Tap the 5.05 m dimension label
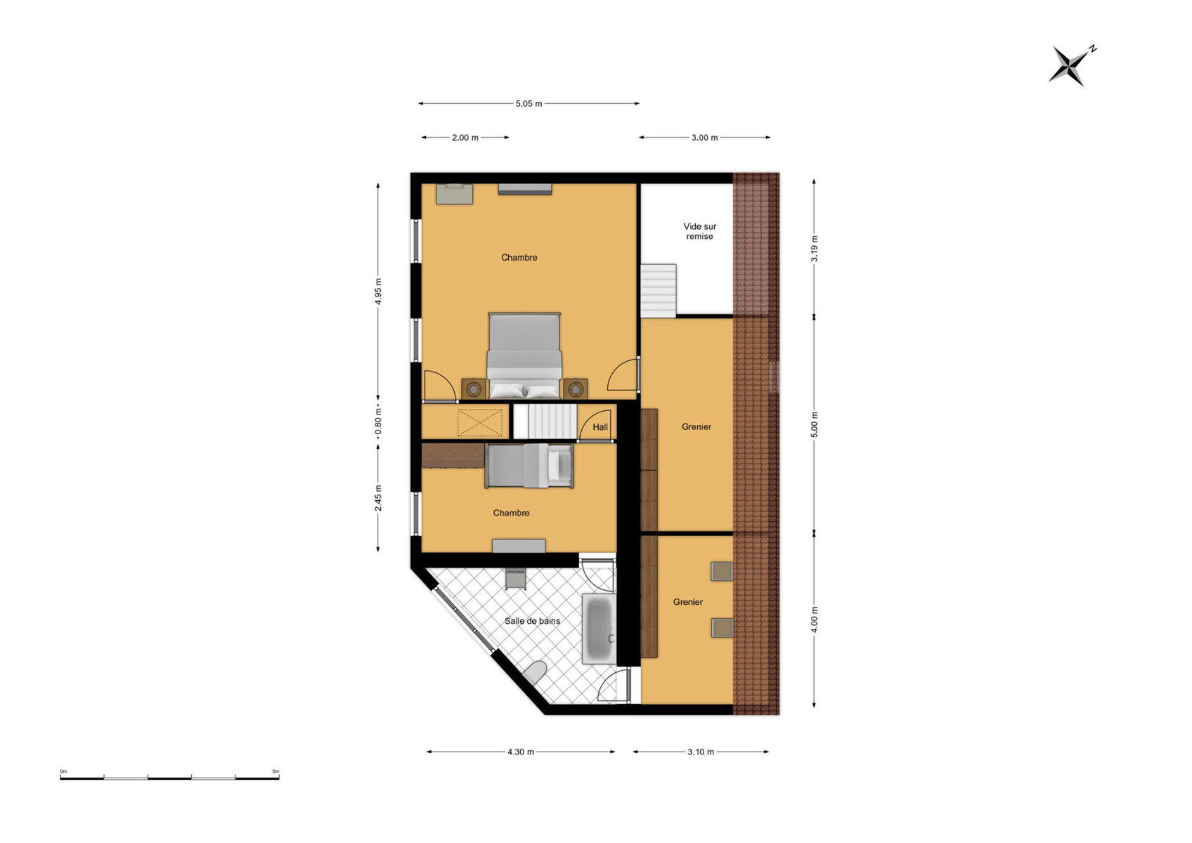point(529,104)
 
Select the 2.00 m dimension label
point(465,138)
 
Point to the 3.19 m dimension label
point(814,249)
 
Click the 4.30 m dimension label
point(520,752)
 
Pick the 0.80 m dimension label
point(378,421)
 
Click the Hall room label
point(600,427)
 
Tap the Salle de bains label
point(532,621)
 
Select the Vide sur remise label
point(700,231)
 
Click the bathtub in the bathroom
point(600,629)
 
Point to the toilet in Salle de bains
point(534,673)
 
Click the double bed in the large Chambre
point(524,355)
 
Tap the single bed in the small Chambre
point(529,466)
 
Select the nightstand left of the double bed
point(474,388)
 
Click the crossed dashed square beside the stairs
point(480,423)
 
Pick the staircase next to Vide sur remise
point(659,290)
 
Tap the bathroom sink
point(516,579)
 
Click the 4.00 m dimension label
point(814,620)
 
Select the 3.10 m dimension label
point(700,752)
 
